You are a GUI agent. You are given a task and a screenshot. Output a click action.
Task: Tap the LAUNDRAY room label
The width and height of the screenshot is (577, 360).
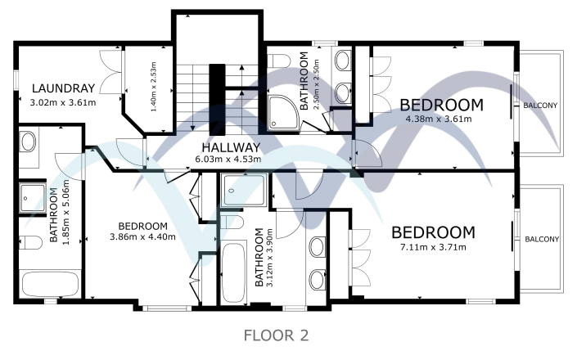[x=64, y=88]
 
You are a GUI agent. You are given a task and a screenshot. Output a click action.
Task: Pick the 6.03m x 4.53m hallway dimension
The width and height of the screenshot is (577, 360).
[x=228, y=160]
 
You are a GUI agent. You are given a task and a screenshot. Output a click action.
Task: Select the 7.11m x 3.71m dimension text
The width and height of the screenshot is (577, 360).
[x=433, y=247]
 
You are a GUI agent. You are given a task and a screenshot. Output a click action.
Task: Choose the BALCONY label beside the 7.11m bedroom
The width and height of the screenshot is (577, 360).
[x=541, y=240]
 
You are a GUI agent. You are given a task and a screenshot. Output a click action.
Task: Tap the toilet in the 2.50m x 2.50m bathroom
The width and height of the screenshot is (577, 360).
[x=278, y=60]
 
